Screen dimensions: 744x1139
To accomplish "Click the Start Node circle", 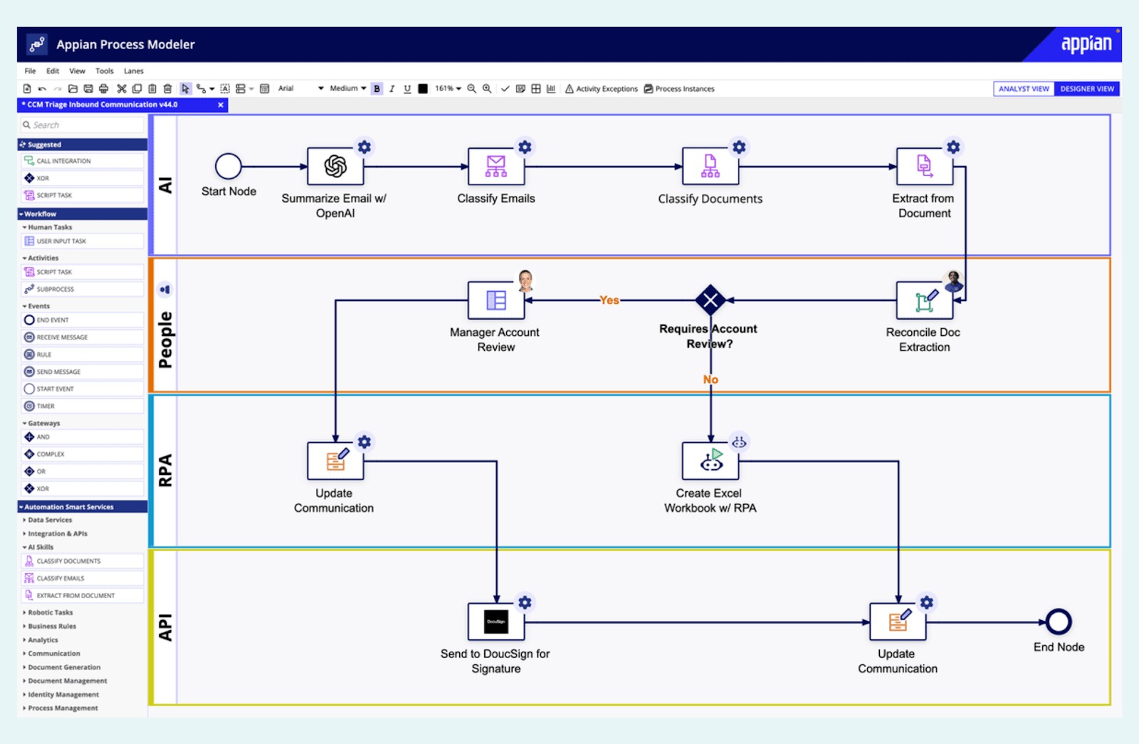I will [x=229, y=167].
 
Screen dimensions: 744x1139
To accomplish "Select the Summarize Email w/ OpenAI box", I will [x=335, y=167].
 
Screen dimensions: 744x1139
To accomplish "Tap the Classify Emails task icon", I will [x=496, y=167].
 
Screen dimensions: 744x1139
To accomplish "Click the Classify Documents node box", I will [x=710, y=167].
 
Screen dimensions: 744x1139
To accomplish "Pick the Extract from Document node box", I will [x=924, y=167].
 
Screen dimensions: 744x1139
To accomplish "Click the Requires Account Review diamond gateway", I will [x=710, y=300].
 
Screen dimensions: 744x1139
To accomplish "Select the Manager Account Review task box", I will [x=496, y=300].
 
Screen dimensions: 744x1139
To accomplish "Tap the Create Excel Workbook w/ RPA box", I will [x=710, y=461].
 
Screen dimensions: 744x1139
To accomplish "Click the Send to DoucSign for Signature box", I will [x=496, y=622].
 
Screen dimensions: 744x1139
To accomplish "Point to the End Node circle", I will [x=1059, y=622].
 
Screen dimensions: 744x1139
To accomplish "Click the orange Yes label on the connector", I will [x=609, y=300].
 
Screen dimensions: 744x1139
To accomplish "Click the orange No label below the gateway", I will [x=710, y=379].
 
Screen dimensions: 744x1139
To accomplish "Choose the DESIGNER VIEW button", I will [x=1087, y=89].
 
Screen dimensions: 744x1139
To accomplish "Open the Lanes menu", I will [x=134, y=71].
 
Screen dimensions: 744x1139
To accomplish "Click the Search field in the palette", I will [x=82, y=125].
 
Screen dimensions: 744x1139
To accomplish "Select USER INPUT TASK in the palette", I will [x=61, y=241].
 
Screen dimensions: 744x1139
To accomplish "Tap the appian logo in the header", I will [x=1086, y=44].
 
